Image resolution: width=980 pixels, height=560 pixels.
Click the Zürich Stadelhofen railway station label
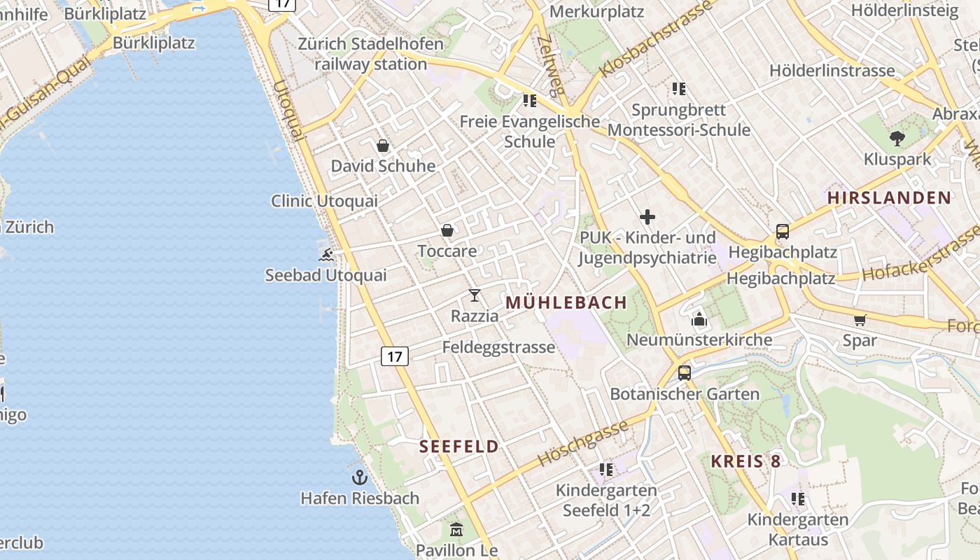click(370, 54)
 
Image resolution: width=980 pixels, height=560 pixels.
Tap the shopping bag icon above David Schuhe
click(383, 146)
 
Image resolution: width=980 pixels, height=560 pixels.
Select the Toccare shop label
click(447, 251)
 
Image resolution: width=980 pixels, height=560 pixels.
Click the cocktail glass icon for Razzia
click(475, 295)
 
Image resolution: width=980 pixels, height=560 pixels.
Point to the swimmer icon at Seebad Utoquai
click(326, 255)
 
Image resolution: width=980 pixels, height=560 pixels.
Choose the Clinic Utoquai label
click(324, 201)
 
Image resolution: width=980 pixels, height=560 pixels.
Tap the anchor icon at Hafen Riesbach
click(360, 477)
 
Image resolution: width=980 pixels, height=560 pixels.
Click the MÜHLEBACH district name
click(566, 302)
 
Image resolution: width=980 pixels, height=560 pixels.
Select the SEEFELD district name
click(459, 447)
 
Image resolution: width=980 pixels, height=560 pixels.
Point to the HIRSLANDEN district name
click(889, 197)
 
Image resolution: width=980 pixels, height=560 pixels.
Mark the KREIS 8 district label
click(745, 461)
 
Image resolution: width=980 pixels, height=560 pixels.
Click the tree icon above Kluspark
click(897, 139)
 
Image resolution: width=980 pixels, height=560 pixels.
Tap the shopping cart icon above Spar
click(860, 320)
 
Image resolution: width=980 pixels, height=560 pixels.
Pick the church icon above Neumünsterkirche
click(699, 320)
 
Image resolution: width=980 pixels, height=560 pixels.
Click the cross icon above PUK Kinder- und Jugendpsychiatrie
click(647, 217)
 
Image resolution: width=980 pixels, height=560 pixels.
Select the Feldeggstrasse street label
click(498, 347)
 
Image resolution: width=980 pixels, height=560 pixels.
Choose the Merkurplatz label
click(596, 11)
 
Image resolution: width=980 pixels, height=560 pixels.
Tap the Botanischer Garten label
click(685, 393)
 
